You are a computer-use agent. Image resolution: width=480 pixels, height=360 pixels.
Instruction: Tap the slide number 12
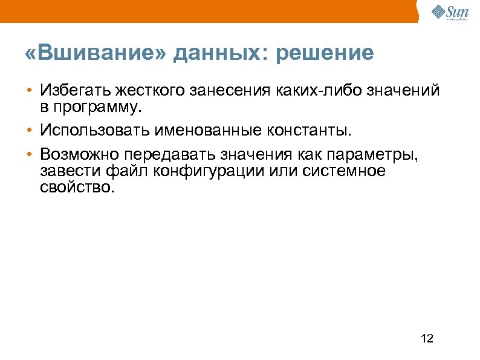(426, 338)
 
